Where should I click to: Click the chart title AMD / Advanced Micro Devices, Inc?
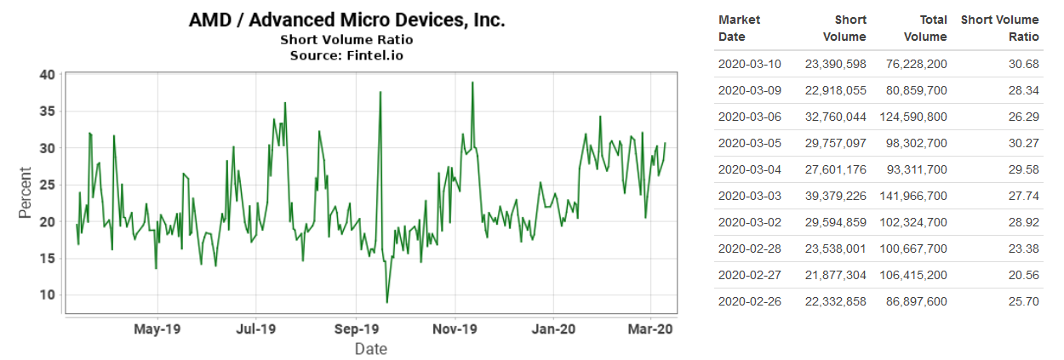click(x=346, y=20)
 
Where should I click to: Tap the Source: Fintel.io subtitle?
click(x=346, y=55)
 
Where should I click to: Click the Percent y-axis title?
click(x=26, y=195)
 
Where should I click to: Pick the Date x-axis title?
click(x=370, y=348)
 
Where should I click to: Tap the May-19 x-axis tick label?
click(x=157, y=328)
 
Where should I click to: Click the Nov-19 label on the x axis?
click(x=455, y=328)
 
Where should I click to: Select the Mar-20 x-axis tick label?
click(x=651, y=328)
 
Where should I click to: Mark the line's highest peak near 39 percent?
click(x=472, y=83)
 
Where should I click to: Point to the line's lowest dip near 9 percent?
click(x=386, y=302)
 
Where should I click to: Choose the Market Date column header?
click(x=740, y=28)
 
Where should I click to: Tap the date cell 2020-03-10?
click(x=749, y=64)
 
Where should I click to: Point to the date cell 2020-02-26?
click(x=749, y=301)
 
